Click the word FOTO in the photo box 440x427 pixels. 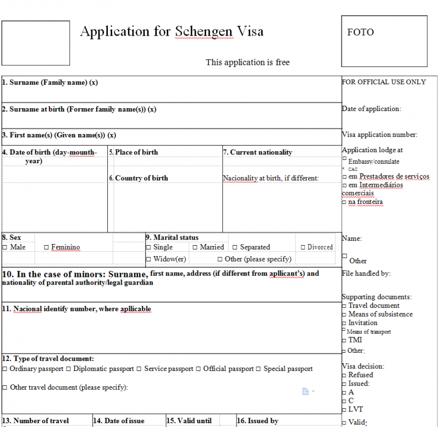tap(360, 32)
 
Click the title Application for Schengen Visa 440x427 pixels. tap(172, 31)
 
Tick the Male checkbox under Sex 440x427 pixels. tap(5, 248)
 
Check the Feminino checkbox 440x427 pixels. tap(46, 248)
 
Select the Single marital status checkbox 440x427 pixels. tap(148, 248)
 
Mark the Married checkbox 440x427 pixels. tap(195, 248)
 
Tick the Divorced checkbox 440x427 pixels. tap(302, 248)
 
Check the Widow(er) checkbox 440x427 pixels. tap(148, 259)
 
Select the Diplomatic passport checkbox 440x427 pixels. tap(69, 369)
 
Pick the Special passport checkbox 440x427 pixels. tap(259, 369)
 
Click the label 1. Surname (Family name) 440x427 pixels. tap(50, 82)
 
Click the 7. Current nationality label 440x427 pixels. tap(258, 152)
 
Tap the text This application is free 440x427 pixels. tap(248, 62)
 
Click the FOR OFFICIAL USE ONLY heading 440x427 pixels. tap(384, 82)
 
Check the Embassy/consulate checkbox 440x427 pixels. tap(344, 159)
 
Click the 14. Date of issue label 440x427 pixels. tap(119, 421)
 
